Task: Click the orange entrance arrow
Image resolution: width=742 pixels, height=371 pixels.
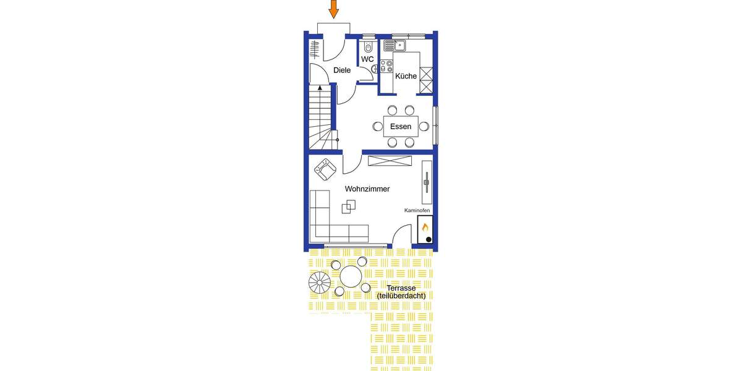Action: click(x=333, y=9)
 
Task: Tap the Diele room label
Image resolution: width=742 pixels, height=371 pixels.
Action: click(x=342, y=70)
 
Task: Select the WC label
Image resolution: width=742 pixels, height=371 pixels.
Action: click(x=367, y=59)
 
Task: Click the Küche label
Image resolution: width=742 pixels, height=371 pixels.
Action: click(x=406, y=77)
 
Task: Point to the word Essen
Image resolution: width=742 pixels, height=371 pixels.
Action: click(x=401, y=127)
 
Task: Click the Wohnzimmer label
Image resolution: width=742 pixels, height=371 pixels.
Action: click(x=367, y=189)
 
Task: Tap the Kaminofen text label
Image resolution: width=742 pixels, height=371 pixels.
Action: click(x=417, y=210)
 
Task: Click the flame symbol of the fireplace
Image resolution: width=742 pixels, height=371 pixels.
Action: click(x=425, y=228)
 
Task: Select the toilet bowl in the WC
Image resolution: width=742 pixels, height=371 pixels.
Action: click(x=369, y=47)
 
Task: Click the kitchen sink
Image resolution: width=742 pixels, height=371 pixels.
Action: click(x=393, y=45)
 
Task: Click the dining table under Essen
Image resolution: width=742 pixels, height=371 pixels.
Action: click(x=401, y=126)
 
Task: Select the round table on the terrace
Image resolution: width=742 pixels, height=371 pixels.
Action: click(x=351, y=276)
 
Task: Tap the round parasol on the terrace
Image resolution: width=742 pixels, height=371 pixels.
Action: click(x=320, y=284)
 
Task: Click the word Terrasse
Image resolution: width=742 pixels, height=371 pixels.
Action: click(x=401, y=288)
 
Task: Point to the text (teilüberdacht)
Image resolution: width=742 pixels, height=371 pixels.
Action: click(x=401, y=296)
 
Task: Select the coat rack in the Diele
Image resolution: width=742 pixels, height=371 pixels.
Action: click(x=315, y=48)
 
